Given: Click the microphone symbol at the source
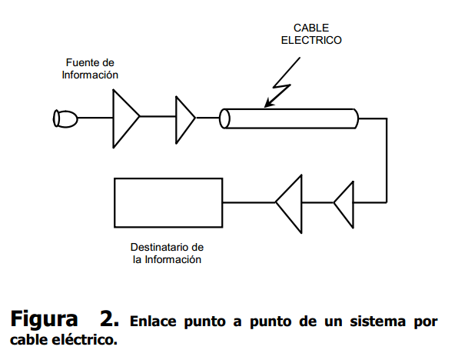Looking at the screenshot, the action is pyautogui.click(x=65, y=118).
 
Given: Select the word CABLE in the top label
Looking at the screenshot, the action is pyautogui.click(x=311, y=28).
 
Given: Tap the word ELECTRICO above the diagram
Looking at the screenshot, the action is pyautogui.click(x=311, y=40).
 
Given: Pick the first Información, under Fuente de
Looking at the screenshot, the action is pyautogui.click(x=90, y=75).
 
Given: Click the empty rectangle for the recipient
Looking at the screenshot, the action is pyautogui.click(x=114, y=202).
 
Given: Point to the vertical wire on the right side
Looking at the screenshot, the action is pyautogui.click(x=387, y=160).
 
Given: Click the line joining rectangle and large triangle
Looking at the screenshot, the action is pyautogui.click(x=249, y=202).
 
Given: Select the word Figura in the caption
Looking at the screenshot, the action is pyautogui.click(x=44, y=320).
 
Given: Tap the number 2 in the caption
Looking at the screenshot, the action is pyautogui.click(x=109, y=318).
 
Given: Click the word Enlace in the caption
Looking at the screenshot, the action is pyautogui.click(x=153, y=321).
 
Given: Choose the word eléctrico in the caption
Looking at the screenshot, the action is pyautogui.click(x=85, y=339).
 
